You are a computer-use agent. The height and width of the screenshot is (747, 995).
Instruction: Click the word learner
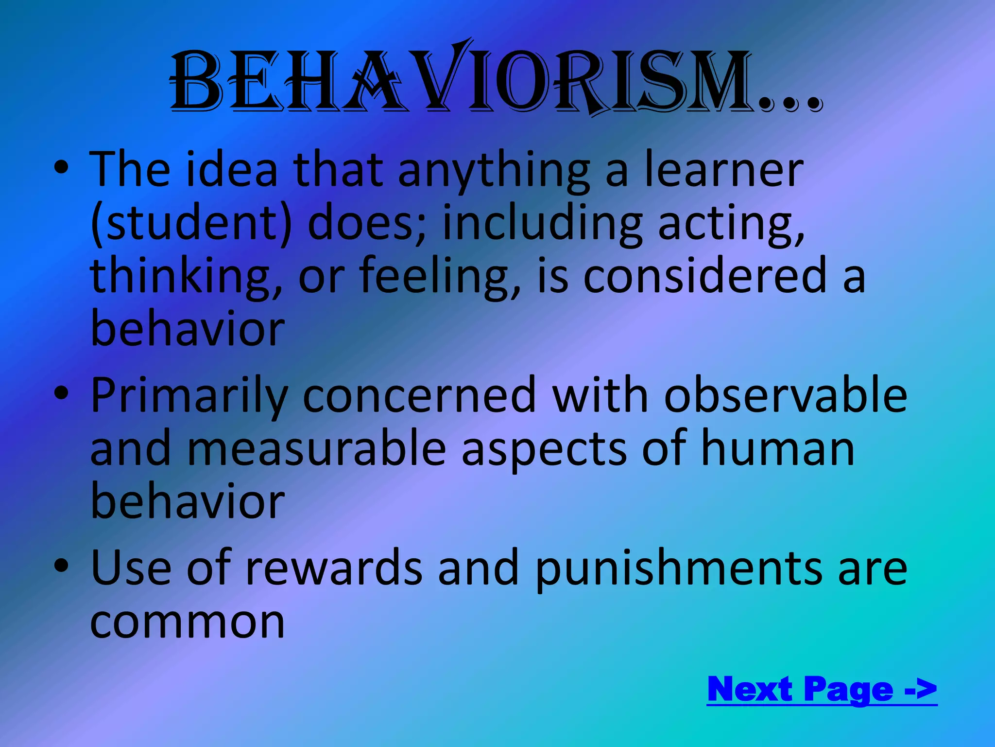tap(723, 169)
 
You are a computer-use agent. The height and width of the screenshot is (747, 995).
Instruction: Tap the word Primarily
tap(189, 396)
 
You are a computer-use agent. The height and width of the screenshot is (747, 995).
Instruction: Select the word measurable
tap(316, 448)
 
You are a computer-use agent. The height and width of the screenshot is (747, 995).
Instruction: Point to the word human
tap(777, 448)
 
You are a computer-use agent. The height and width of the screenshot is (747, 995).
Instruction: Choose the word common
tap(188, 622)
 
